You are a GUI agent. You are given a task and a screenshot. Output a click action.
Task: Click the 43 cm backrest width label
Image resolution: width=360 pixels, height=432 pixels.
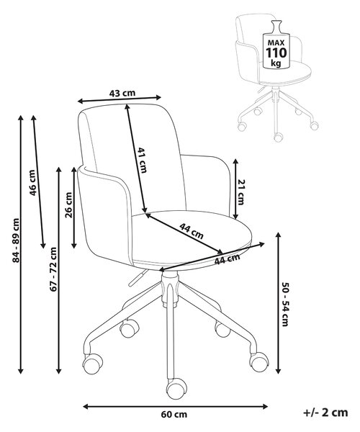(x=122, y=93)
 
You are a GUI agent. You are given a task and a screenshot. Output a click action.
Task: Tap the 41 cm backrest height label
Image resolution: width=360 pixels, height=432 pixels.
(x=142, y=160)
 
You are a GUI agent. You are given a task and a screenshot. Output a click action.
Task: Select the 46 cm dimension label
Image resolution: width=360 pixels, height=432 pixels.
(x=33, y=183)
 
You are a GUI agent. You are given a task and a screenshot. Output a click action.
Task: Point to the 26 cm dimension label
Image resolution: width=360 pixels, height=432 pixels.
(x=68, y=205)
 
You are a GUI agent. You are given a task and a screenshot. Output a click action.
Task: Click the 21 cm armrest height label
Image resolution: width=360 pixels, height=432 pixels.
(x=240, y=192)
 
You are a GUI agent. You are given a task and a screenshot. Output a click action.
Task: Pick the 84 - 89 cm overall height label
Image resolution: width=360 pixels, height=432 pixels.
(x=17, y=240)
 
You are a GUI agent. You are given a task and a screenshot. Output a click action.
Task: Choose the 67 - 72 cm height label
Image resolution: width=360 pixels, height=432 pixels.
(x=53, y=269)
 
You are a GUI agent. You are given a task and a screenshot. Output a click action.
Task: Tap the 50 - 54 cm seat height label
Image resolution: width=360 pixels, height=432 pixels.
(x=285, y=304)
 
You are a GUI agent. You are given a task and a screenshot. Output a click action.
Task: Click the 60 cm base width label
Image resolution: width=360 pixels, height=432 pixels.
(x=174, y=414)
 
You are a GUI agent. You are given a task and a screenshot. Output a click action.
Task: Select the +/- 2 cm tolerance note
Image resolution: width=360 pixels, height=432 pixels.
(x=325, y=413)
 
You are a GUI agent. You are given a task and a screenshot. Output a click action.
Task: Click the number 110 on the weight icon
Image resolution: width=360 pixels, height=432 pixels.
(x=276, y=53)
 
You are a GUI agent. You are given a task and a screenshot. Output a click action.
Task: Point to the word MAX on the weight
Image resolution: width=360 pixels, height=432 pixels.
(x=276, y=43)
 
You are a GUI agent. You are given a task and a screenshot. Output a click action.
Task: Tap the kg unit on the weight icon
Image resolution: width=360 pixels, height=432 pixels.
(x=276, y=63)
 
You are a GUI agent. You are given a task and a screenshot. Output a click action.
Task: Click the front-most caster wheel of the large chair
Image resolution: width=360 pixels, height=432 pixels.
(x=176, y=388)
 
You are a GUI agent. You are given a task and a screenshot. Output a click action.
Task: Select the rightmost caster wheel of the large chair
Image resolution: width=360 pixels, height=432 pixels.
(x=259, y=361)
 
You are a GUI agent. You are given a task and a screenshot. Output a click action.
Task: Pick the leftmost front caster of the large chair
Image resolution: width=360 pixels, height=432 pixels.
(x=93, y=364)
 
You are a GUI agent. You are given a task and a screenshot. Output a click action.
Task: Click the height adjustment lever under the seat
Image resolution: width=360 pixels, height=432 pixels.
(x=137, y=278)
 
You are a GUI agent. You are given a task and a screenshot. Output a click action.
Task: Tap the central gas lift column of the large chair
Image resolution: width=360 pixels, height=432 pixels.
(x=169, y=289)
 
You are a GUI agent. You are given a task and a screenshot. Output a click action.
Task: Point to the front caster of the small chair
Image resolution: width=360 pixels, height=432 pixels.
(x=278, y=137)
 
